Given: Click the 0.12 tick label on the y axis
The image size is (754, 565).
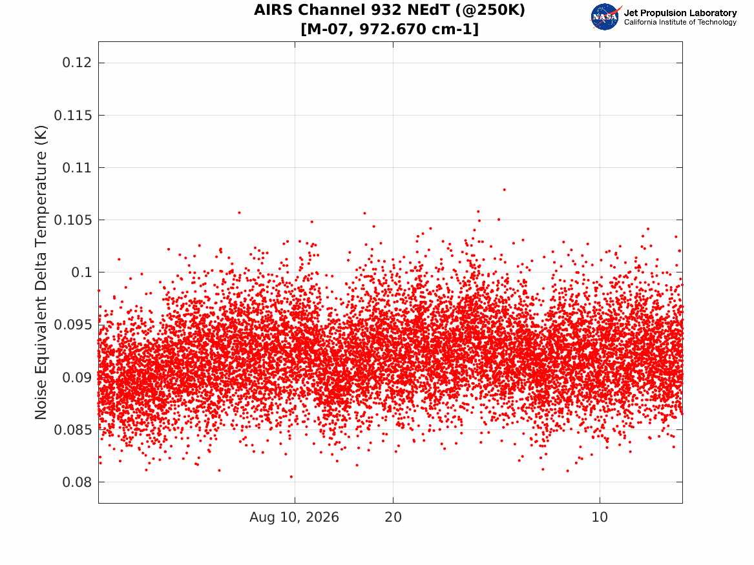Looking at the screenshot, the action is (x=77, y=63).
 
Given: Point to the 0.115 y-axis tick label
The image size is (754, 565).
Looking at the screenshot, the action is (x=72, y=116).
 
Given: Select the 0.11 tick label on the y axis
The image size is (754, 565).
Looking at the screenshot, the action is (x=77, y=168).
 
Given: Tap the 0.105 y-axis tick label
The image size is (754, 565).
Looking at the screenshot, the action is (x=72, y=220).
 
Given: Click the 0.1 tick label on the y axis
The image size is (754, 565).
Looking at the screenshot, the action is (x=81, y=272).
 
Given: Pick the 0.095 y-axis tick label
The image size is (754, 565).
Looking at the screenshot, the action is (x=72, y=325).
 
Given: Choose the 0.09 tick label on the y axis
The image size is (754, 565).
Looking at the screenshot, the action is (x=77, y=377).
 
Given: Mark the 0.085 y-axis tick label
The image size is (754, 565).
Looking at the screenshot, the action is (x=72, y=429).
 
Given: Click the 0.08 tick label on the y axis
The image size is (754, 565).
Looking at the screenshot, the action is (x=77, y=482).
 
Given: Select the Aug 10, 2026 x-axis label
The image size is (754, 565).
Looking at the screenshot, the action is (x=294, y=517).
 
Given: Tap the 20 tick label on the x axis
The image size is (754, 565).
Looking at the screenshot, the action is (x=393, y=517).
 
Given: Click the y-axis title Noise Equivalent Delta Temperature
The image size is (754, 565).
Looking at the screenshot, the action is (x=41, y=272).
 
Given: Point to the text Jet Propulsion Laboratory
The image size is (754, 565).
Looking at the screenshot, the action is (x=680, y=13).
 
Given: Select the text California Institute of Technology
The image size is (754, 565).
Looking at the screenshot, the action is (x=680, y=22).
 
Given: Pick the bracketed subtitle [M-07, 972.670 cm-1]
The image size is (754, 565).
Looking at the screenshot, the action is (x=390, y=29).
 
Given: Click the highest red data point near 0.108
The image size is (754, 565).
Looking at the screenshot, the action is (x=504, y=190).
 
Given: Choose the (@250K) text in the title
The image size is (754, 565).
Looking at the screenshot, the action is (x=490, y=10).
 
